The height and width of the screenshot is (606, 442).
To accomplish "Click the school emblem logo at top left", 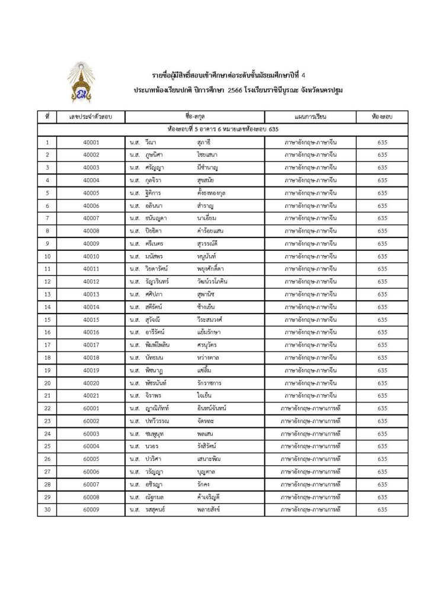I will tap(81, 82).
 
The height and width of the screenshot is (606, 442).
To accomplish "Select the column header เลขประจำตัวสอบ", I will tap(91, 117).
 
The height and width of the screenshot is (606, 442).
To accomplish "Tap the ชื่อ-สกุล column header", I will tap(195, 117).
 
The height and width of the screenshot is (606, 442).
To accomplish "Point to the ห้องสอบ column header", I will tap(382, 117).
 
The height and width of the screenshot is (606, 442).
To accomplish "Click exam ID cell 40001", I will tap(91, 142).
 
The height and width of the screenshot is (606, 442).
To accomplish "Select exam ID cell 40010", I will tap(91, 256).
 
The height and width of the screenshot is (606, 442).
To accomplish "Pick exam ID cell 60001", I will tap(91, 408).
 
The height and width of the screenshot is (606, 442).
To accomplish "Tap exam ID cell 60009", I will tap(91, 510).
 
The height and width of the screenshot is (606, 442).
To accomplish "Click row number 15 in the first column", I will tap(47, 320).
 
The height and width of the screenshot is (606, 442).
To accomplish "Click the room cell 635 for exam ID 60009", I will tap(382, 510).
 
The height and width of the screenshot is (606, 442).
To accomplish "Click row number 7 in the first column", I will tap(47, 218).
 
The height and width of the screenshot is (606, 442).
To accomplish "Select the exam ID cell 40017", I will tap(91, 345).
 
